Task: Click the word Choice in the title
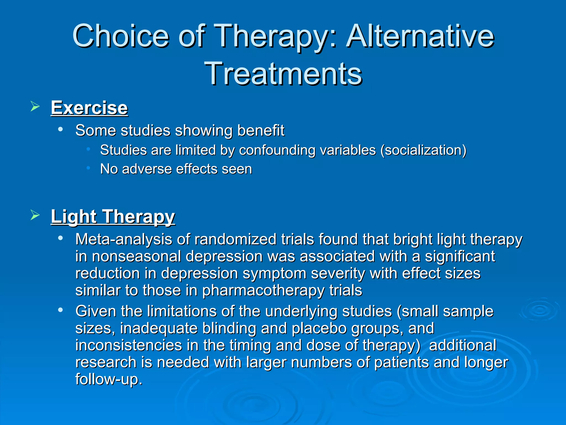tap(120, 36)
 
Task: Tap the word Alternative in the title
tap(420, 36)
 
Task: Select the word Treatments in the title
tap(283, 74)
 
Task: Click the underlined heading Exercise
tap(89, 108)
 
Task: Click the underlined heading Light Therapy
tap(113, 216)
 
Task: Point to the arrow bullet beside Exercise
tap(35, 106)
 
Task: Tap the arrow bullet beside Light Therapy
tap(35, 215)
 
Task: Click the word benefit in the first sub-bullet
tap(261, 130)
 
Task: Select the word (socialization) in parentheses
tap(423, 150)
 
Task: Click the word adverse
tap(147, 169)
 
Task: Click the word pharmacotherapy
tap(263, 291)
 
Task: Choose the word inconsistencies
tap(129, 345)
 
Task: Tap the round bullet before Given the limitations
tap(60, 310)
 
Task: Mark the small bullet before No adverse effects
tap(88, 168)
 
